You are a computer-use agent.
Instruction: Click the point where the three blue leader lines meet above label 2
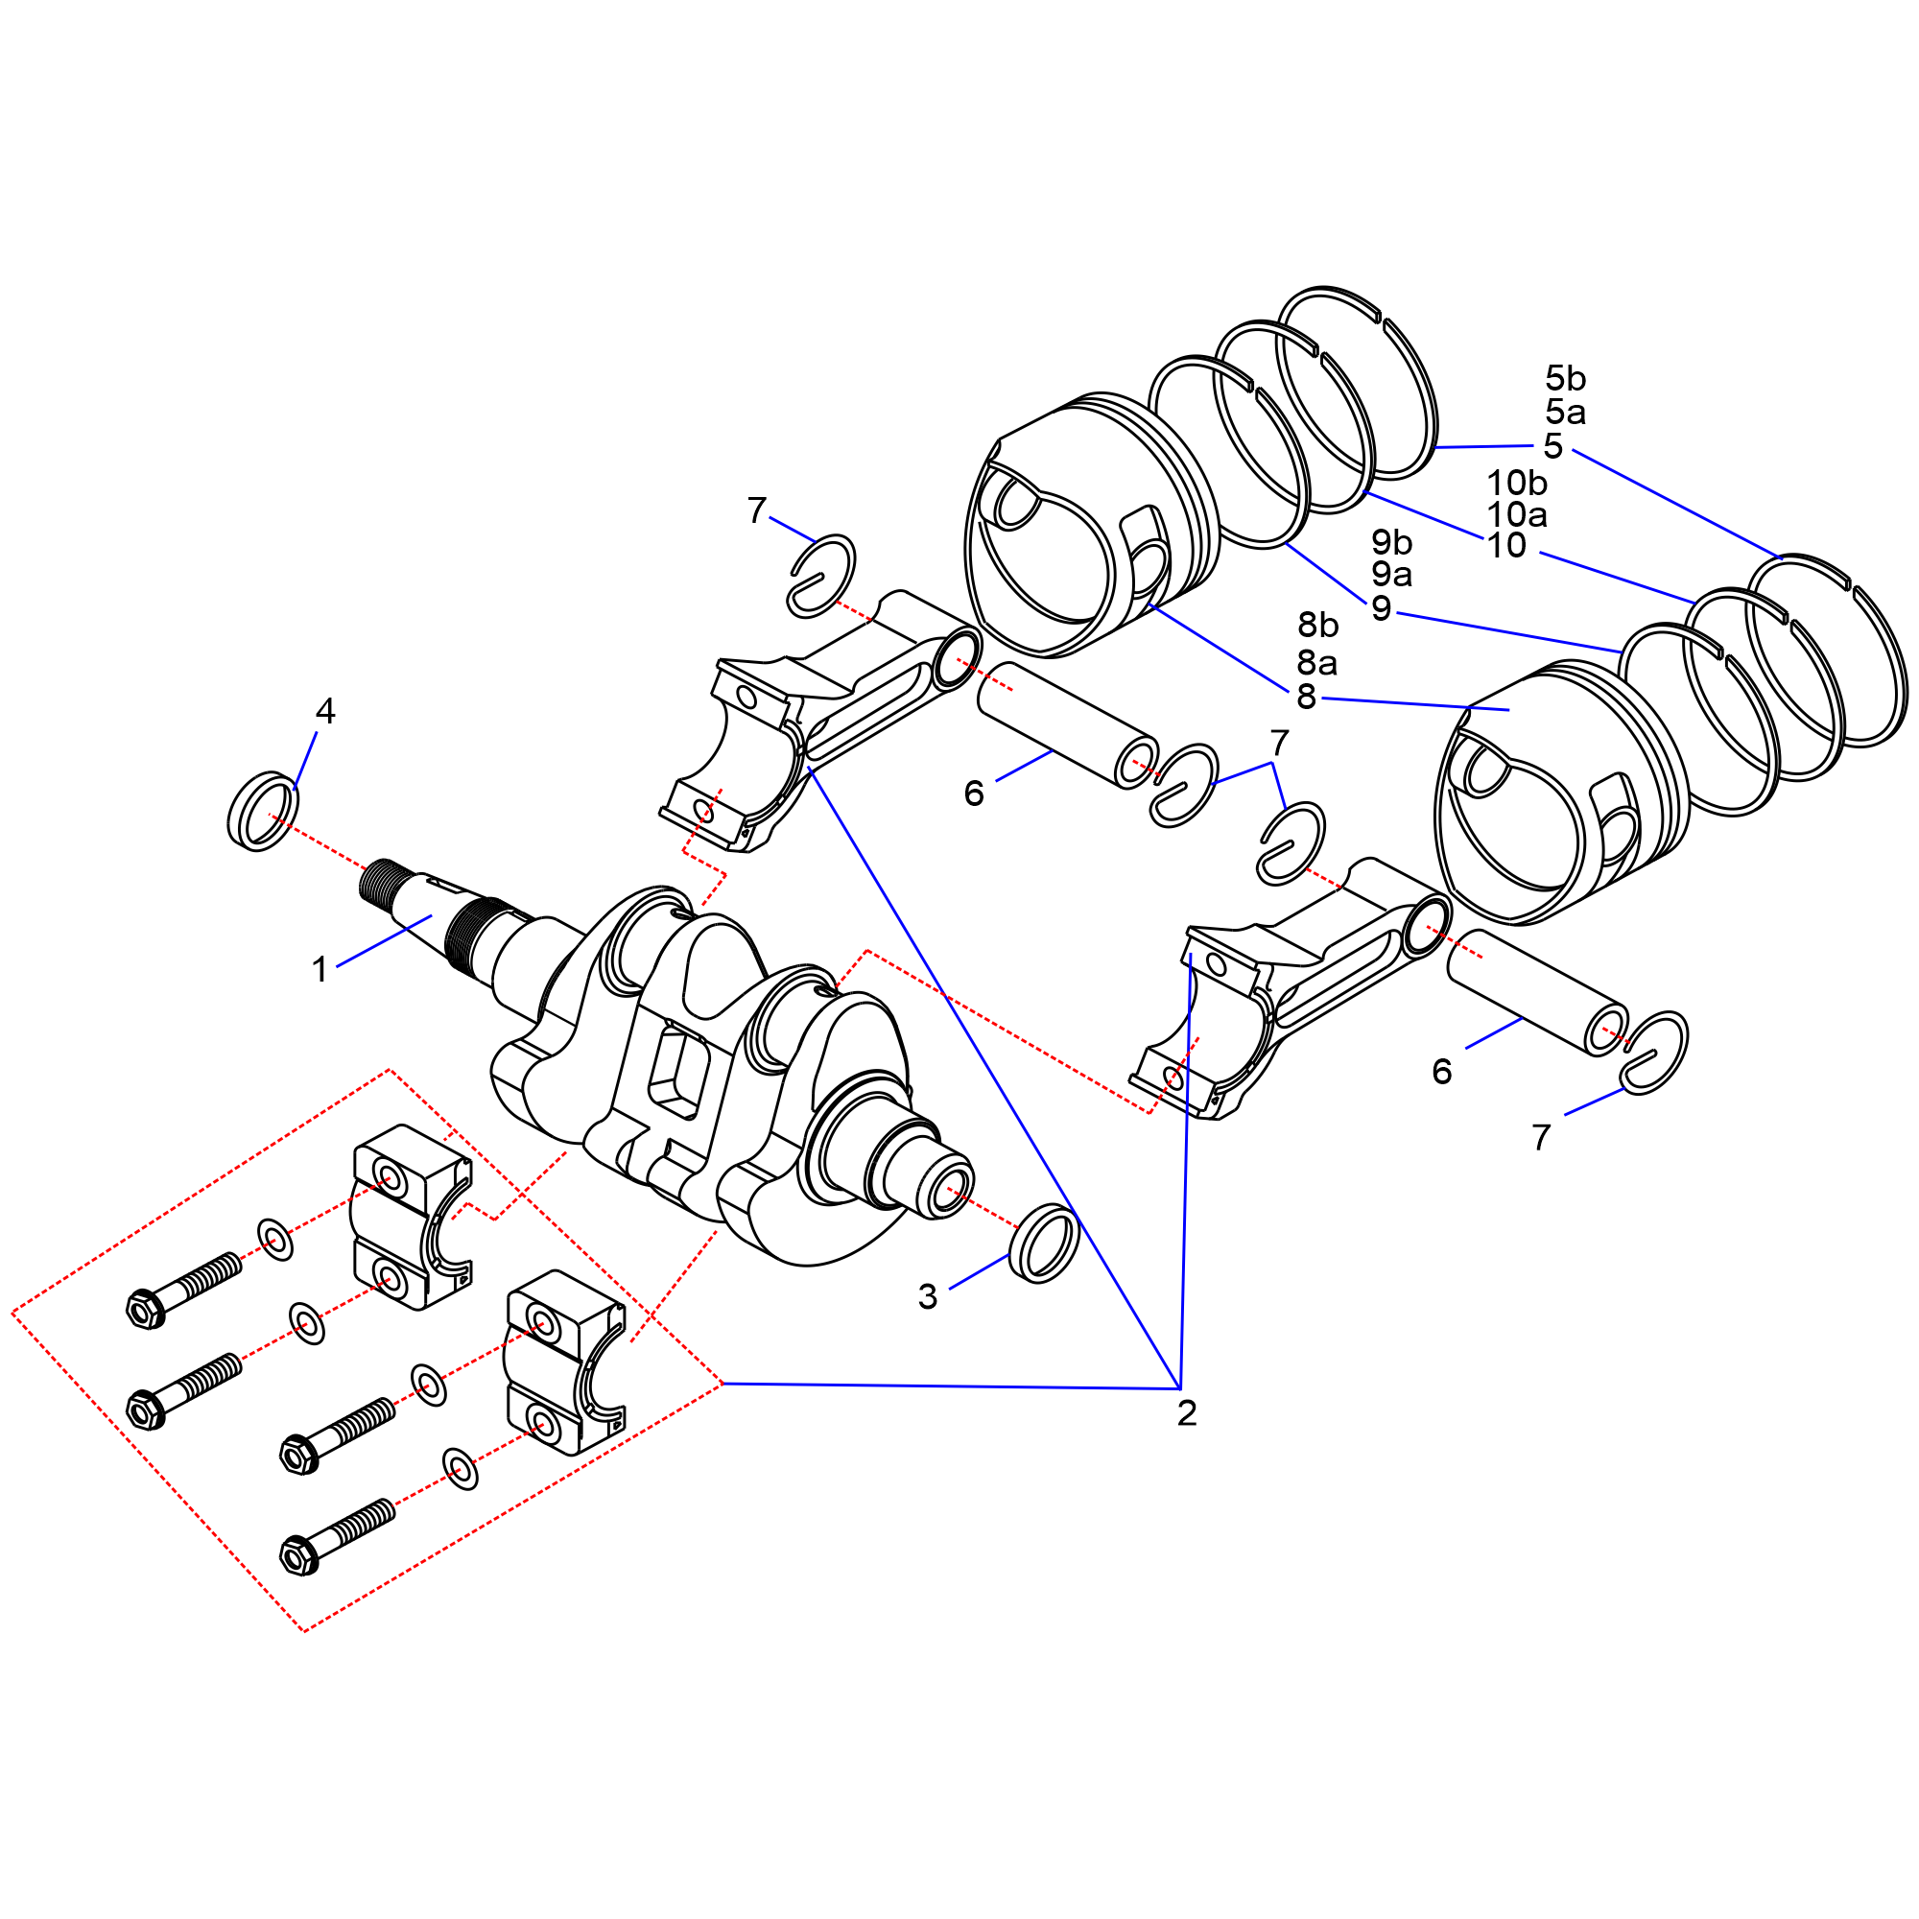click(1179, 1388)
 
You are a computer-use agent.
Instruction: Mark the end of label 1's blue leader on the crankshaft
click(432, 915)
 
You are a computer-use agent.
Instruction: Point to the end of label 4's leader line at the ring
click(295, 790)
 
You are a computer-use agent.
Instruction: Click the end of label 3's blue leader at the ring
click(1010, 1254)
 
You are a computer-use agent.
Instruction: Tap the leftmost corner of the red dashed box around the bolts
click(12, 1315)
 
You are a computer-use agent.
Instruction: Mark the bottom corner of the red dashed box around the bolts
click(304, 1630)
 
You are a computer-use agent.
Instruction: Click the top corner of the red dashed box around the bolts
click(389, 1070)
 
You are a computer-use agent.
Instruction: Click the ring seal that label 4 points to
click(263, 811)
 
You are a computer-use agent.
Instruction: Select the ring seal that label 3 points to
click(1044, 1243)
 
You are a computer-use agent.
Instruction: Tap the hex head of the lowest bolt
click(298, 1554)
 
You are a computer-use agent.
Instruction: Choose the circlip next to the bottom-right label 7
click(1653, 1053)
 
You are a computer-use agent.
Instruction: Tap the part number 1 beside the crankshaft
click(320, 969)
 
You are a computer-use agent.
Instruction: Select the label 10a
click(1517, 514)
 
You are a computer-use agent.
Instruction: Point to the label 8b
click(1318, 625)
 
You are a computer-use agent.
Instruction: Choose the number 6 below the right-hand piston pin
click(1442, 1071)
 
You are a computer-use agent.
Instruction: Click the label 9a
click(1391, 574)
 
